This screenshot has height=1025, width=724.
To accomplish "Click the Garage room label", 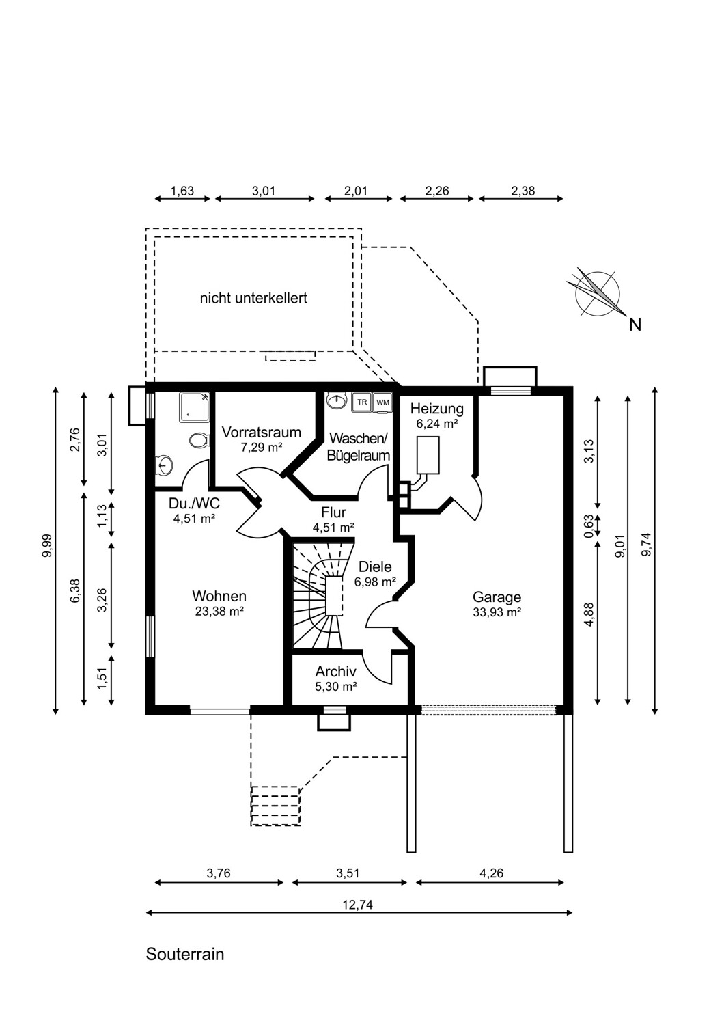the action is coord(497,597).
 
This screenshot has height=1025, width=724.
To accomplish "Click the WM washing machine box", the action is coord(382,402).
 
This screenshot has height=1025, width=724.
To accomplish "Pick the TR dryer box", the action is coord(362,402).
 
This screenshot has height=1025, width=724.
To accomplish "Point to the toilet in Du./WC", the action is coord(199,441).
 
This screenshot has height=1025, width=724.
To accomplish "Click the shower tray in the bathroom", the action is coord(195,407).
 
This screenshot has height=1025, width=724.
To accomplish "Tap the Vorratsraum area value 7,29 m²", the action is coord(261,447).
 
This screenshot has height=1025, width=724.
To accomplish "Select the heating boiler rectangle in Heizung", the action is coord(428,455).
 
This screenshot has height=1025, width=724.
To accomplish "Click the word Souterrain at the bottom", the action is coord(185,954).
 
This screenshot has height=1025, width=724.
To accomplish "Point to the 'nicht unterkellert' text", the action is coord(253,299).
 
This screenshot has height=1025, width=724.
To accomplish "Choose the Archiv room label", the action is coord(335,671).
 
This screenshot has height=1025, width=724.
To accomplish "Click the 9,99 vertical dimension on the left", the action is coord(48,546).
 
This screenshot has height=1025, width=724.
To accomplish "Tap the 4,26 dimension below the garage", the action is coord(492,873).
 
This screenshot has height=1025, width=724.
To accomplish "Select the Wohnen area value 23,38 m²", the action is coord(219,612).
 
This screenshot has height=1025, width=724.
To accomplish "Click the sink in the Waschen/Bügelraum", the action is coord(337,401).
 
